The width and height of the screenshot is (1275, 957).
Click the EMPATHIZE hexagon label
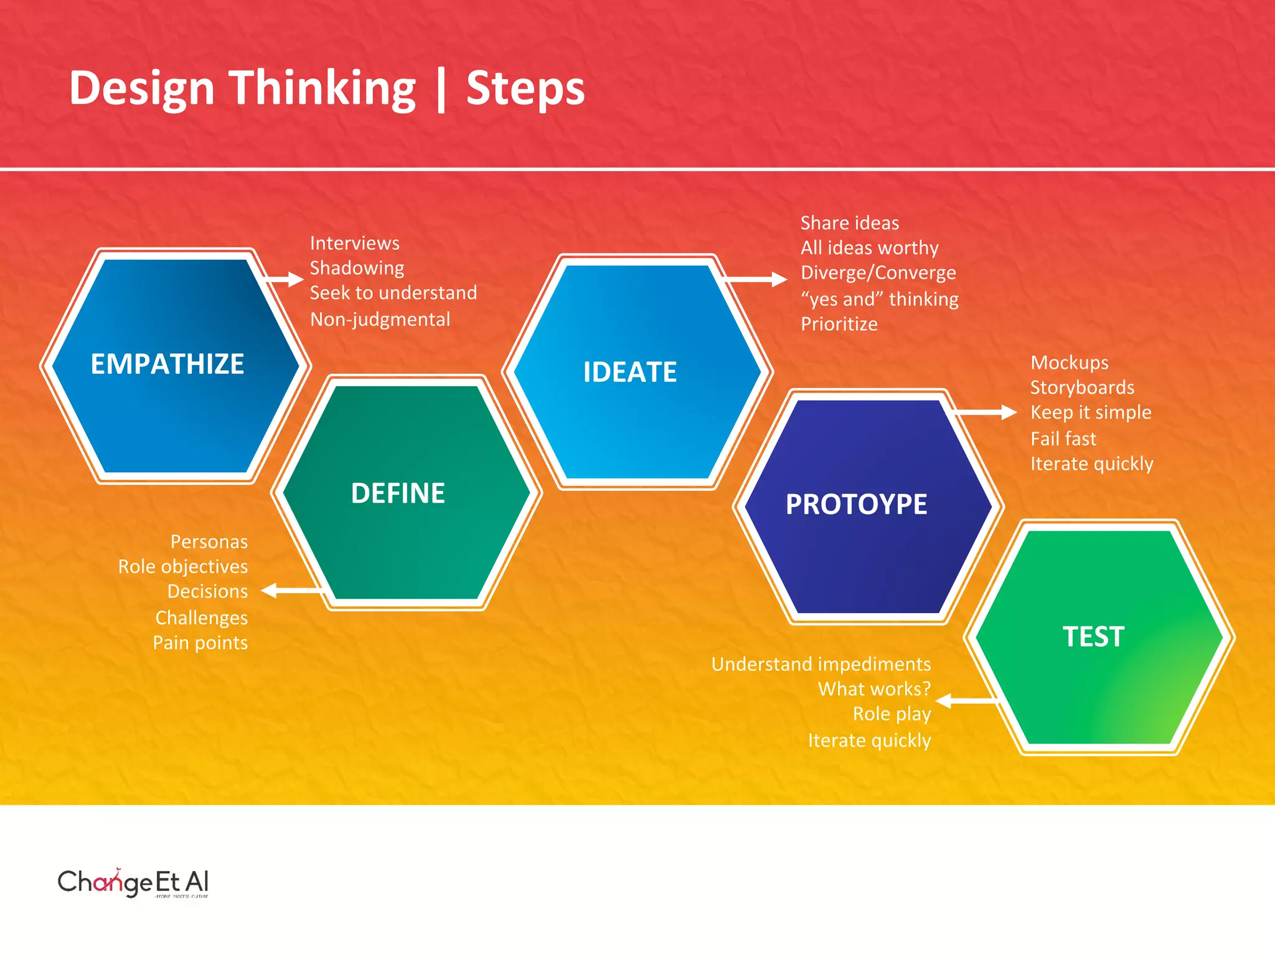[167, 364]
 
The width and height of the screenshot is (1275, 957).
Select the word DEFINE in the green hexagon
[398, 493]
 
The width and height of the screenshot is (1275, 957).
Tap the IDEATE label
[629, 372]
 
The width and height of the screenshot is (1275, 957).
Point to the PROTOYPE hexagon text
[856, 504]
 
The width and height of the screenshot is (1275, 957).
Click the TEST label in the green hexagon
[1093, 637]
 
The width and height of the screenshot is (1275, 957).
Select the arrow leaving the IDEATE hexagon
[756, 279]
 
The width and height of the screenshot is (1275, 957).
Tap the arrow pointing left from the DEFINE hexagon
[289, 590]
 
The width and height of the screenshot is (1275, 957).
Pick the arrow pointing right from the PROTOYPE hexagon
[984, 412]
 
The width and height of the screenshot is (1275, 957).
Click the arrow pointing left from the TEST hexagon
[965, 701]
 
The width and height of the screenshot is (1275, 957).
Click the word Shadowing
[357, 268]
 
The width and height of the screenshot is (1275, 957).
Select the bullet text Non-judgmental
[380, 320]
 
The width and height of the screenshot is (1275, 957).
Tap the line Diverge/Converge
[878, 273]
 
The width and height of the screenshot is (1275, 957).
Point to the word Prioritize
[839, 324]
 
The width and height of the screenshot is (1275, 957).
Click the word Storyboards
[1082, 388]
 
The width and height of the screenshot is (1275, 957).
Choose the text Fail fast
[1063, 439]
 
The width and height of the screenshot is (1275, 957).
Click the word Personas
[209, 541]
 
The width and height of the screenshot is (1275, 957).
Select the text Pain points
[200, 642]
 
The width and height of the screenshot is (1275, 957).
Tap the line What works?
[874, 689]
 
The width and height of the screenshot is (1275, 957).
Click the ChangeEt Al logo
[133, 882]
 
